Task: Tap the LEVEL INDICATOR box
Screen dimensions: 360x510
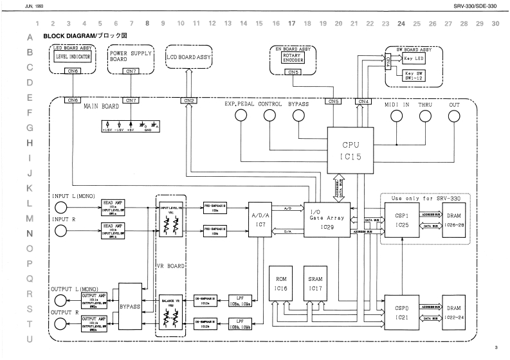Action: coord(74,57)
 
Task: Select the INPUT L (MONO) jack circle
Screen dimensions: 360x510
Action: coord(61,208)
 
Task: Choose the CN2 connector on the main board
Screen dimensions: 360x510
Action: coord(189,101)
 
